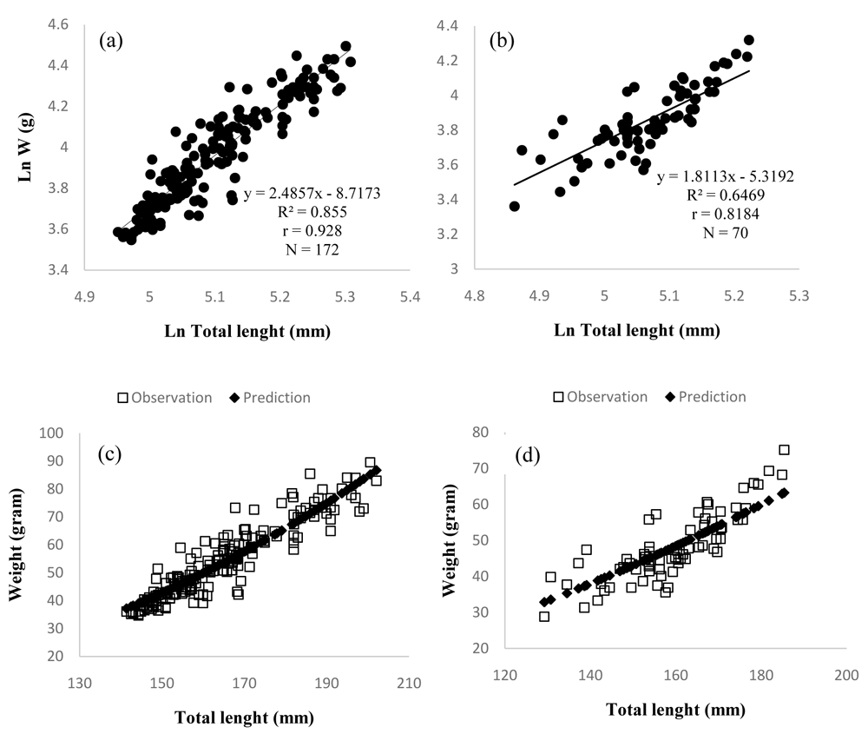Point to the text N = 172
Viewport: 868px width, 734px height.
pos(306,250)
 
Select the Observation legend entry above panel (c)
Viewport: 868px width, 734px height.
pos(164,397)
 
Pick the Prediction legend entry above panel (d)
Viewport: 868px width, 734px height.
pos(704,396)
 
